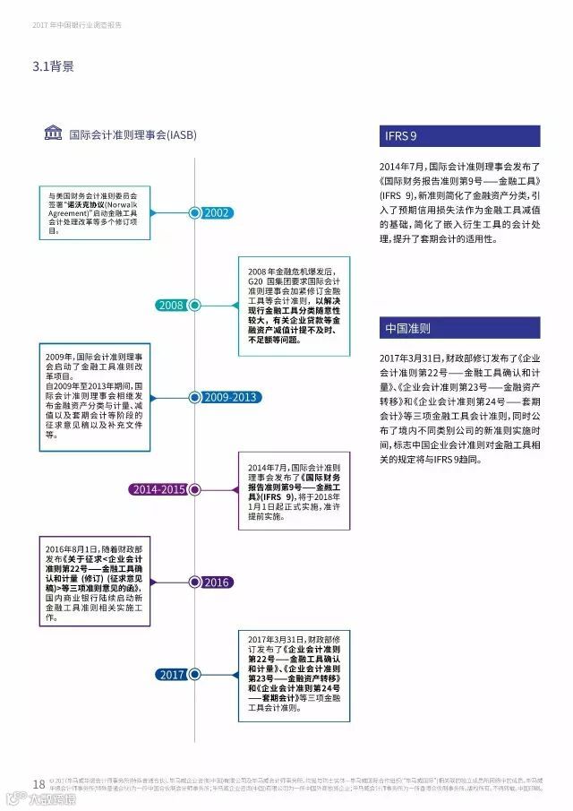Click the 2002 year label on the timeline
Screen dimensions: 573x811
(218, 213)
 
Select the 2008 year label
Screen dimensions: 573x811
(170, 306)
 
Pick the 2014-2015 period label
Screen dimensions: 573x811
(158, 489)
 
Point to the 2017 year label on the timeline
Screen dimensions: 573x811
(170, 675)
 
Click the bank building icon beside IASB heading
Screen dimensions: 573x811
(55, 134)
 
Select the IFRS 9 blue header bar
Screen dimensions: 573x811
(460, 136)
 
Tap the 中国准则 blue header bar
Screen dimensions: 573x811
(460, 328)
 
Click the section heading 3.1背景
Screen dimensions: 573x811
(54, 66)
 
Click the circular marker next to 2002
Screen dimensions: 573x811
(194, 213)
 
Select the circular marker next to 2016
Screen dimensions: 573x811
(194, 582)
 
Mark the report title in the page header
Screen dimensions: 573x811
(76, 25)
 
